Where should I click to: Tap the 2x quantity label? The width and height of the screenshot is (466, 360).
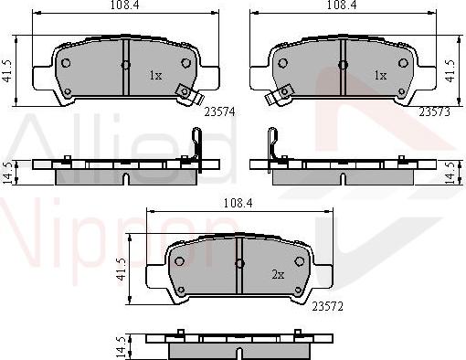pyautogui.click(x=277, y=275)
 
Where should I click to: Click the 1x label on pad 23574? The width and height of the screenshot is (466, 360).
pyautogui.click(x=155, y=77)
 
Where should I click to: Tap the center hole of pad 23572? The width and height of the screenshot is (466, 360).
pyautogui.click(x=239, y=263)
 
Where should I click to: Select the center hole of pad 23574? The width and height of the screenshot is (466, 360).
pyautogui.click(x=125, y=64)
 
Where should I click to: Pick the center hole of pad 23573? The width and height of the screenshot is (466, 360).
pyautogui.click(x=343, y=64)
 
